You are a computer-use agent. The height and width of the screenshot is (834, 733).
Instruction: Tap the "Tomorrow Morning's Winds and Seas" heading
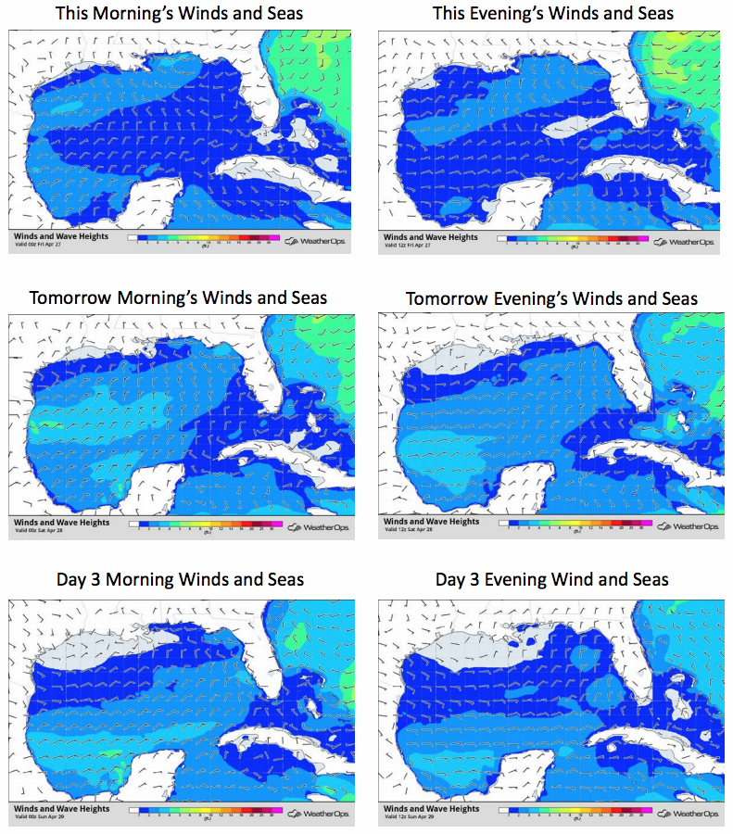coord(178,297)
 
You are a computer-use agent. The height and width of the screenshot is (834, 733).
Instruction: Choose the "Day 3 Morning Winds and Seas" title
coord(180,580)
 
